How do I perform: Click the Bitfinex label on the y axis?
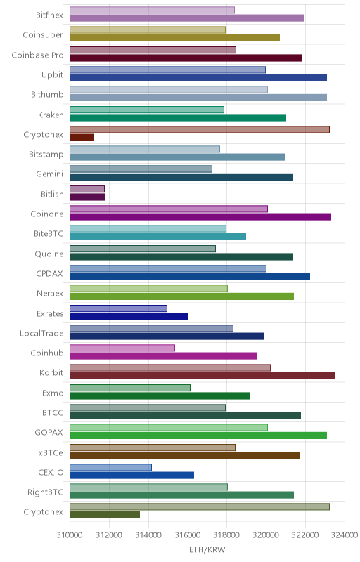(x=49, y=15)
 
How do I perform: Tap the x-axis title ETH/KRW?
(x=207, y=549)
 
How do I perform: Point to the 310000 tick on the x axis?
(x=70, y=535)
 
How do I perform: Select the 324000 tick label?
(x=345, y=535)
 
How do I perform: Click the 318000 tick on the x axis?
(x=226, y=535)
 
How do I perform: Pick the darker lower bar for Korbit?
(x=202, y=376)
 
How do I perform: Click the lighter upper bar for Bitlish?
(x=87, y=189)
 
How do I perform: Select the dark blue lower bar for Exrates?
(x=129, y=316)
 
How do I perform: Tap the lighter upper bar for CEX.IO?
(x=110, y=467)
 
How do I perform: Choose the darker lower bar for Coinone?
(x=200, y=216)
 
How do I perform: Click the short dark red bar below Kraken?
(x=82, y=137)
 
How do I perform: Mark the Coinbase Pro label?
(x=37, y=55)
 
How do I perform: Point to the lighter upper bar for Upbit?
(x=167, y=70)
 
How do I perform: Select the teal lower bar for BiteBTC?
(x=157, y=237)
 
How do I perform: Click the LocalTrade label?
(x=41, y=333)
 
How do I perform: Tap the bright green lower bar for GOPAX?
(x=198, y=436)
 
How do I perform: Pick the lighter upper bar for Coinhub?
(x=122, y=348)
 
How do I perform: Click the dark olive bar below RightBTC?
(x=105, y=515)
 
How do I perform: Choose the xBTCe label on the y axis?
(x=51, y=452)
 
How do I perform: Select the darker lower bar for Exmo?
(x=160, y=396)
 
